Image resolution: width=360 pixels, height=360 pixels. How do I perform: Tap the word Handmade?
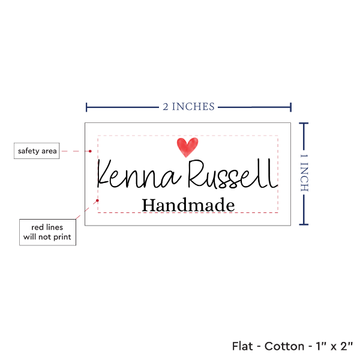[188, 205]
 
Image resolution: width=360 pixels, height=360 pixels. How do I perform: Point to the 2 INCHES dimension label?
[188, 107]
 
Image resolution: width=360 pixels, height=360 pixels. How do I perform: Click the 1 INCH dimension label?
[303, 173]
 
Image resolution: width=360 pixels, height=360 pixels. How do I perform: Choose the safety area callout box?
[37, 151]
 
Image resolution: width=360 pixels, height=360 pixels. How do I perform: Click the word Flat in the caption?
[243, 346]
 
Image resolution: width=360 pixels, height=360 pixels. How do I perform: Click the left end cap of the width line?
[87, 107]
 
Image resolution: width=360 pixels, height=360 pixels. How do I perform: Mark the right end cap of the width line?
[291, 107]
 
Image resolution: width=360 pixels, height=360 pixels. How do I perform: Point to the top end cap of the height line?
[304, 123]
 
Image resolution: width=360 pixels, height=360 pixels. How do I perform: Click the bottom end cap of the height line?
[304, 224]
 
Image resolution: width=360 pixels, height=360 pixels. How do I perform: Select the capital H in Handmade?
[148, 205]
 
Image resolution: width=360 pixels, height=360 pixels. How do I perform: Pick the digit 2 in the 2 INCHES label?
[166, 107]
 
